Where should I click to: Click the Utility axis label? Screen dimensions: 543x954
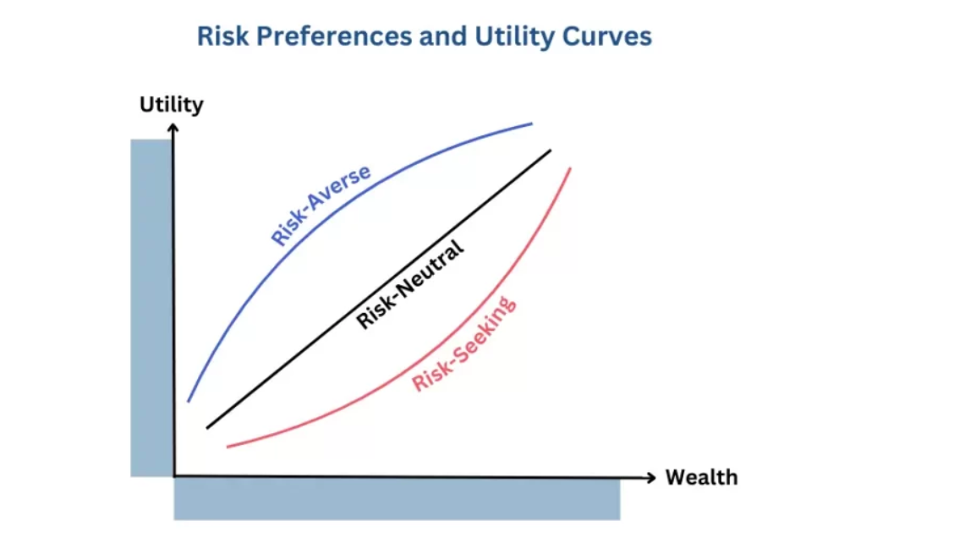172,105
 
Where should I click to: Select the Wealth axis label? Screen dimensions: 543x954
701,478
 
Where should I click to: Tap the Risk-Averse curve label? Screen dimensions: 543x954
321,205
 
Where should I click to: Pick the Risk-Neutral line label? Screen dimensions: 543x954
411,284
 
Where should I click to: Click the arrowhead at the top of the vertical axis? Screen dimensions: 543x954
173,128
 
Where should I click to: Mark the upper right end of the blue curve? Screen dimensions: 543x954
532,123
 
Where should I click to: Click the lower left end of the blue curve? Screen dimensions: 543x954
188,401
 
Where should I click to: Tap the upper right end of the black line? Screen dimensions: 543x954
550,151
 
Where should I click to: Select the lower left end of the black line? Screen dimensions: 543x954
207,428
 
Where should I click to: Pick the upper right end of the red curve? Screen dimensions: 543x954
571,168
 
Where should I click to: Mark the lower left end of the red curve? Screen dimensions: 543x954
228,446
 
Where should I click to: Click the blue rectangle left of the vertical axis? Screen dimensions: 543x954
151,308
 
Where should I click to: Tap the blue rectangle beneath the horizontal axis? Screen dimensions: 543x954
397,499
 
